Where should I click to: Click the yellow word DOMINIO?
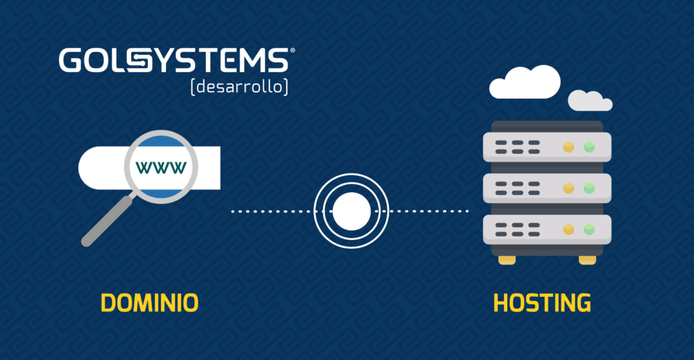(150, 303)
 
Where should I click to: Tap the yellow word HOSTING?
(542, 303)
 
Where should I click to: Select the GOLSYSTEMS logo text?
(174, 60)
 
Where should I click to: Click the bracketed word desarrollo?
(239, 87)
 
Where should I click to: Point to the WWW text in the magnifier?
(161, 168)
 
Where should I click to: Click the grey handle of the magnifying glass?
(107, 221)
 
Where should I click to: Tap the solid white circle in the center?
(351, 212)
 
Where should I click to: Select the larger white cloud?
(525, 83)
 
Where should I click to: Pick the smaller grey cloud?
(590, 101)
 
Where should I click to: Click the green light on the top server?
(589, 147)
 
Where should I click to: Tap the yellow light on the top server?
(569, 147)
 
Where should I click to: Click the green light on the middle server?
(589, 189)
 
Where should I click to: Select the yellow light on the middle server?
(569, 189)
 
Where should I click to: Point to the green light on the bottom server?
(589, 230)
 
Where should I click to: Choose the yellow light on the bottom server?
(569, 230)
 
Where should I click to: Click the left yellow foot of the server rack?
(507, 260)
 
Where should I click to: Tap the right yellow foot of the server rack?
(587, 260)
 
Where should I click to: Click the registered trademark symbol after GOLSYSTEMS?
(292, 51)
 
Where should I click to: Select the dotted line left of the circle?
(272, 212)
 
